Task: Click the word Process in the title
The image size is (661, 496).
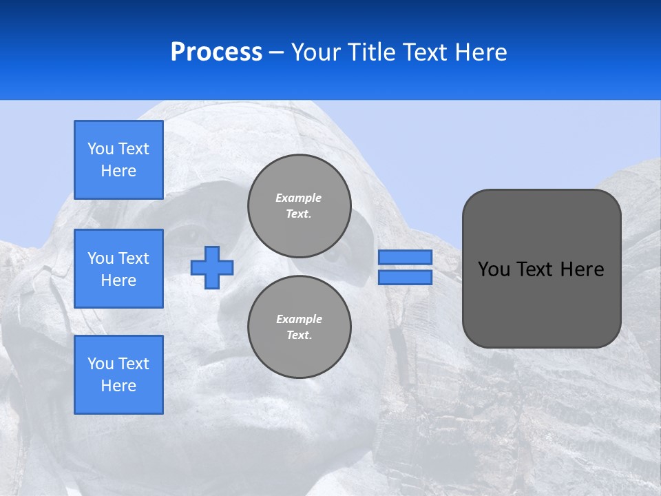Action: [x=216, y=52]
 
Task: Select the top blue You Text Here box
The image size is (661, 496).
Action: [x=118, y=160]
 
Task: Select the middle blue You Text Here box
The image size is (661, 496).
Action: [x=118, y=269]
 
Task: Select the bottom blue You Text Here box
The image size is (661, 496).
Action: [x=118, y=375]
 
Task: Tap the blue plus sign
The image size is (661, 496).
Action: [x=212, y=267]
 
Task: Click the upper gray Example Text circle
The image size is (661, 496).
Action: [x=299, y=205]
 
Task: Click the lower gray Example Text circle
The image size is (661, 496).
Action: [x=299, y=327]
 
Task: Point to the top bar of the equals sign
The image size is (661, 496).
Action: [x=405, y=257]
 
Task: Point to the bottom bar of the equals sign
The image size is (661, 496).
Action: [x=405, y=277]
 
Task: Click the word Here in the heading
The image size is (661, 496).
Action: [x=481, y=52]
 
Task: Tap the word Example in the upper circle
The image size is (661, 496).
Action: [x=298, y=198]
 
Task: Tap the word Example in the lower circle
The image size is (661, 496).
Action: [x=298, y=319]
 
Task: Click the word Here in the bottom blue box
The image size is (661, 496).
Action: [x=118, y=386]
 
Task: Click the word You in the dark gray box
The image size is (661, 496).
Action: [x=493, y=269]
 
